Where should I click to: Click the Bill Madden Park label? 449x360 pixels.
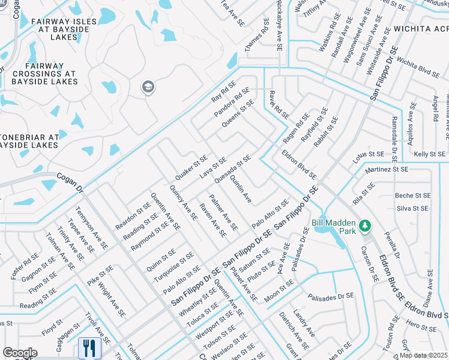[333, 226]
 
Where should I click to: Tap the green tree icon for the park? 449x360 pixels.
[364, 226]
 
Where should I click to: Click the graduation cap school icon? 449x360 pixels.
[147, 88]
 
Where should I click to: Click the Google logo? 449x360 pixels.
[20, 353]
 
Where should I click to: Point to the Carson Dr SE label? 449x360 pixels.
[370, 263]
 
